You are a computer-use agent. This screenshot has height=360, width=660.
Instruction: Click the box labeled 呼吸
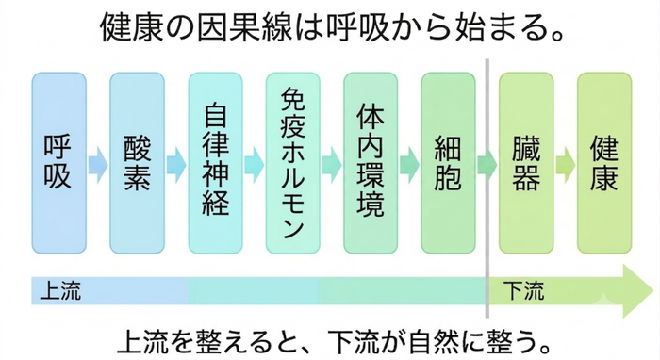pos(58,163)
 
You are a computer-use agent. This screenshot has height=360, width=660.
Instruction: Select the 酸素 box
pos(138,163)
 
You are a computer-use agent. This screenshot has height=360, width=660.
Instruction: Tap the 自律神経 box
pos(215,163)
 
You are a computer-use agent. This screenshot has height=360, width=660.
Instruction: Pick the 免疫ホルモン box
pos(293,163)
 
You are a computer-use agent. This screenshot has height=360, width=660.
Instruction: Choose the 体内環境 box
pos(371,163)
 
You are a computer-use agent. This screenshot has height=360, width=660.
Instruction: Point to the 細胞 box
pos(448,163)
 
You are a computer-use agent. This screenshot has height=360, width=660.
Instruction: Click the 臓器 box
pos(526,163)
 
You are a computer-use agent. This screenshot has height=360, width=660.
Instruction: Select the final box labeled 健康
pos(604,163)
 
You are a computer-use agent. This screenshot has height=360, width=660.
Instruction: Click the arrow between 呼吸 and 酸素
pos(98,165)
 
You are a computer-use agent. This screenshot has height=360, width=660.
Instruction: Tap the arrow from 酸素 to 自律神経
pos(176,165)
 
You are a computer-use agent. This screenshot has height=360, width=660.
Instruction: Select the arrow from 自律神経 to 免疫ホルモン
pos(255,165)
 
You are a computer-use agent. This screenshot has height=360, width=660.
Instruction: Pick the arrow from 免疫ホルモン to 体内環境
pos(332,165)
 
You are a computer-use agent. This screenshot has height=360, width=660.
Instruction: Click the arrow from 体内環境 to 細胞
pos(409,165)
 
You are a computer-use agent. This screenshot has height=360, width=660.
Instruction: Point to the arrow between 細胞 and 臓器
pos(487,165)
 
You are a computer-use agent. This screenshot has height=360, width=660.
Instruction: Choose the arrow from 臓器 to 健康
pos(566,165)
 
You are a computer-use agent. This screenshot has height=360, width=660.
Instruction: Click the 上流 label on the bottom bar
pos(60,290)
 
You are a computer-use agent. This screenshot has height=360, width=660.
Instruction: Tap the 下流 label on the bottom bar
pos(523,290)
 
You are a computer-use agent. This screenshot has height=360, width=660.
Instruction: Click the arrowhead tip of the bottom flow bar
pos(653,290)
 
